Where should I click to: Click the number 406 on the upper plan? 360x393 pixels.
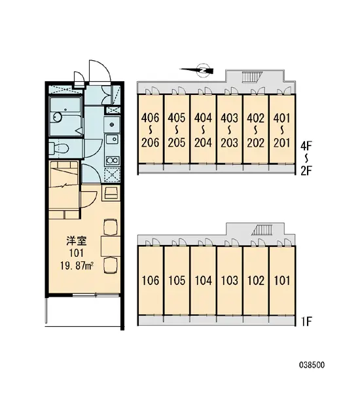(x=150, y=118)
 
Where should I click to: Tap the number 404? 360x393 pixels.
(x=204, y=118)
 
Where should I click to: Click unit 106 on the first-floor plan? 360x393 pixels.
(x=150, y=281)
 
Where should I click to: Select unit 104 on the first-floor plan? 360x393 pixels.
(x=204, y=281)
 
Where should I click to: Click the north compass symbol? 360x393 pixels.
(x=204, y=69)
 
